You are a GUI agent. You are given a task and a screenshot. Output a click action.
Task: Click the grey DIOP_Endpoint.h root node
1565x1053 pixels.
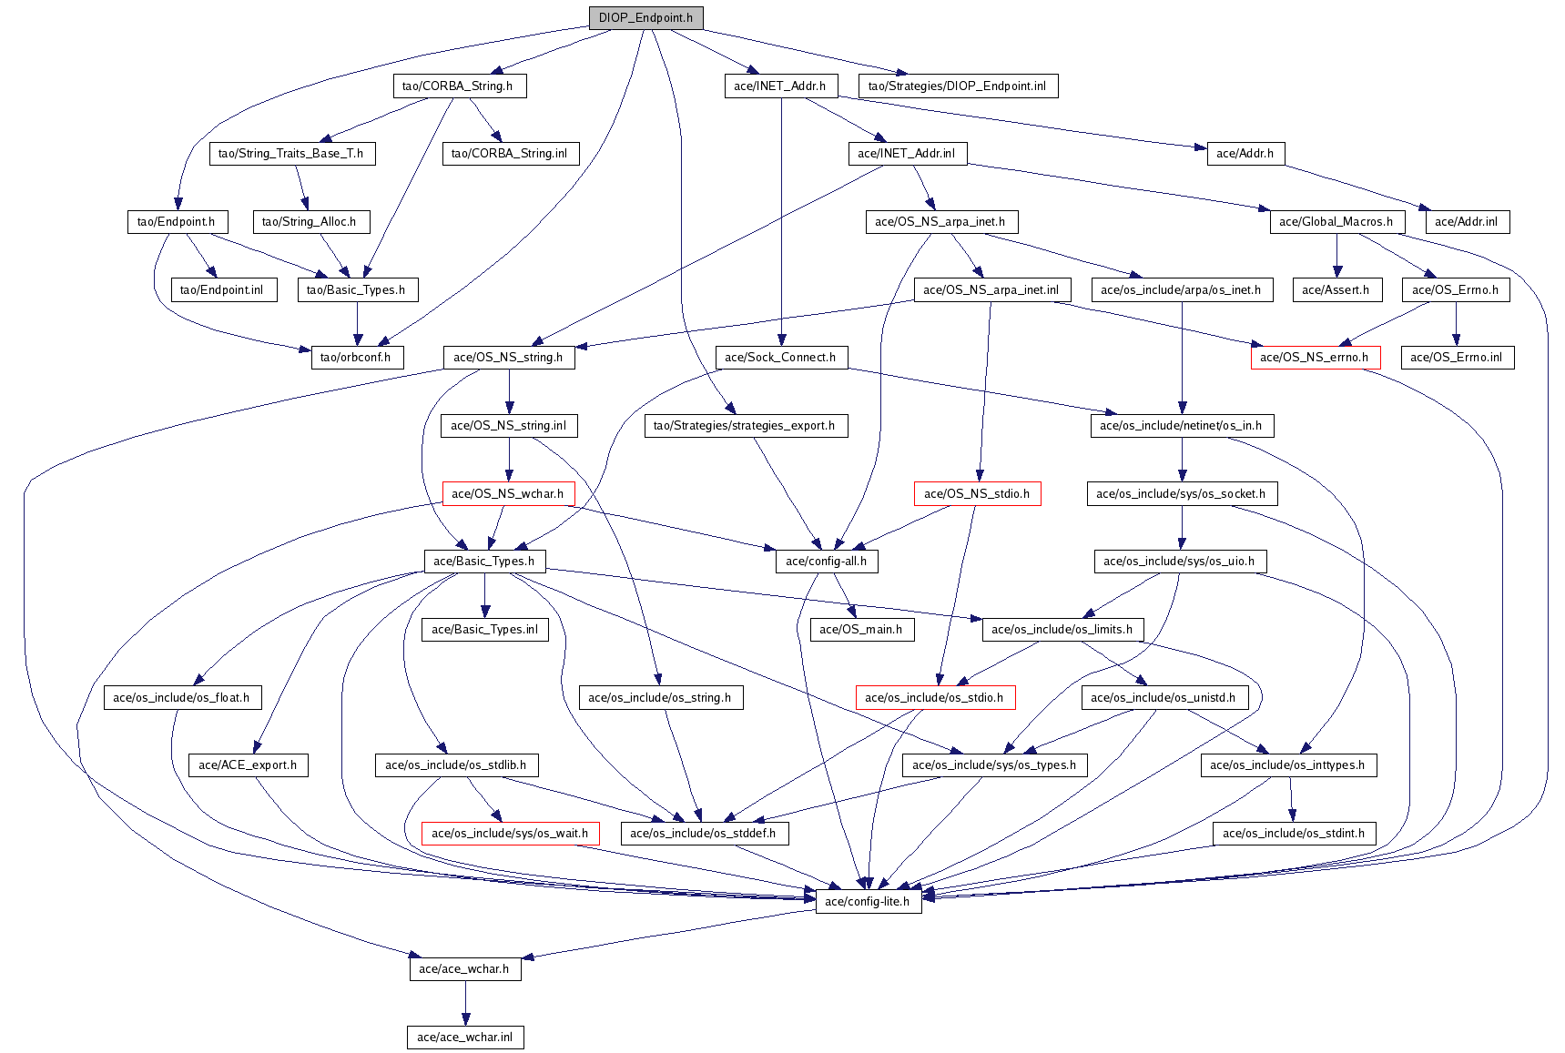(645, 17)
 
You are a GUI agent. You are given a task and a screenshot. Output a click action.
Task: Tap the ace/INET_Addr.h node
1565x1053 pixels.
(779, 86)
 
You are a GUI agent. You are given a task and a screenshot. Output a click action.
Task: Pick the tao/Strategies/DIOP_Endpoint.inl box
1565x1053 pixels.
(957, 86)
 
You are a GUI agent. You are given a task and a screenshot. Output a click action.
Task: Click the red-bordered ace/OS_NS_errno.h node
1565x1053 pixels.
(1314, 357)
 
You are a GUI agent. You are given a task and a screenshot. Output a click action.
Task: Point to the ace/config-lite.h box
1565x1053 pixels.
(867, 901)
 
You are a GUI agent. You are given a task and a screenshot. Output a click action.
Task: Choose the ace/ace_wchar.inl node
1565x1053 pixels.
(464, 1037)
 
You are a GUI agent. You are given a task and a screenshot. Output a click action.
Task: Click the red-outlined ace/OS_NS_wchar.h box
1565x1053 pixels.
(507, 493)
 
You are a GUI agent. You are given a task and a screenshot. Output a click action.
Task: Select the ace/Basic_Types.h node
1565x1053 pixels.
(483, 561)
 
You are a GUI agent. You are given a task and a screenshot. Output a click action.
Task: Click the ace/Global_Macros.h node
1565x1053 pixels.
(1336, 221)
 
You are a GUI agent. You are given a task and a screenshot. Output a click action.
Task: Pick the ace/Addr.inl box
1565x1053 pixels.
(1466, 221)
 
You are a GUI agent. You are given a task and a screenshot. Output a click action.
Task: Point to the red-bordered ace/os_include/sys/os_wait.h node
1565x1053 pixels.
(510, 833)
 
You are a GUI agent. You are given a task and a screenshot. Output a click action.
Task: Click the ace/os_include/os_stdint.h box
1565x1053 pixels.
(1294, 833)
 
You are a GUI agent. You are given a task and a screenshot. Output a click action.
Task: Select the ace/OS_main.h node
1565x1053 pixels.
(860, 629)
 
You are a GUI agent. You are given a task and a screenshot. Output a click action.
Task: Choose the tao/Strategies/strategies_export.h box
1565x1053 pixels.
(744, 425)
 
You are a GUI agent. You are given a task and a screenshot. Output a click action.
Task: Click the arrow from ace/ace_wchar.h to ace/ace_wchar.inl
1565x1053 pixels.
(465, 1003)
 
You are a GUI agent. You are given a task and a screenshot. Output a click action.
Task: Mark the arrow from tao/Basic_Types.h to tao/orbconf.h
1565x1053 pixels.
(357, 323)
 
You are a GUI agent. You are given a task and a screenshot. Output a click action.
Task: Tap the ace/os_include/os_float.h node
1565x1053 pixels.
(181, 697)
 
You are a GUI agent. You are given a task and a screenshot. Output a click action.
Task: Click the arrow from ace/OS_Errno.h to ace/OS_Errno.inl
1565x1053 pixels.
(1456, 323)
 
